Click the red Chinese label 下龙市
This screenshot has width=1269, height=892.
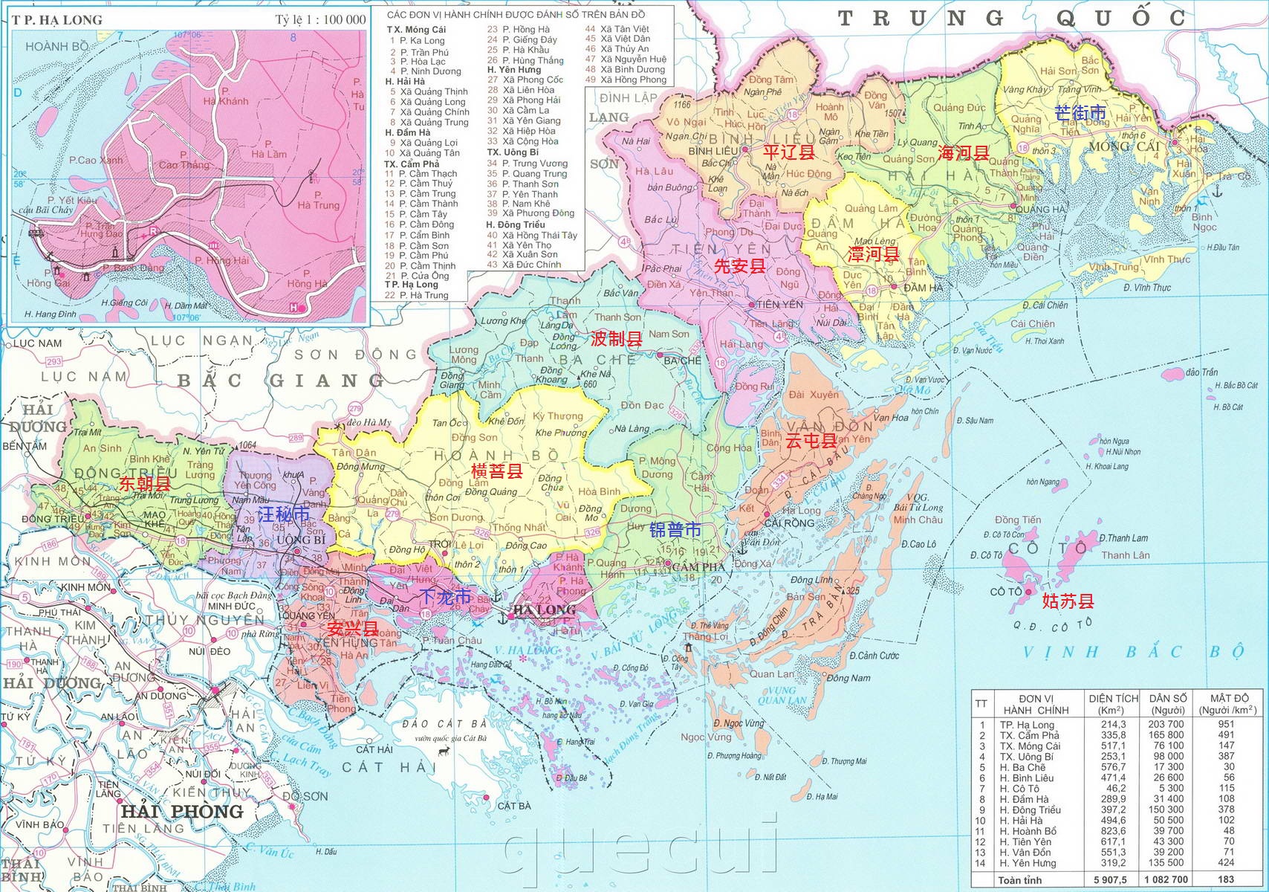point(445,596)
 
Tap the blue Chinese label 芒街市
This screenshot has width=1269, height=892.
point(1080,113)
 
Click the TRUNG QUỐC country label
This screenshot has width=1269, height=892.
point(1011,19)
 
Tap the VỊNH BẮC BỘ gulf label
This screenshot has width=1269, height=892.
point(1133,652)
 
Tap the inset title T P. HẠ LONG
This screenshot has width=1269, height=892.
point(57,19)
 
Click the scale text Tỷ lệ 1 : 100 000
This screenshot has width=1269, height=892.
point(320,19)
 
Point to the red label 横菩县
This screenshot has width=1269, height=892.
point(497,471)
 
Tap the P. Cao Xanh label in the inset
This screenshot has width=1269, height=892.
point(96,160)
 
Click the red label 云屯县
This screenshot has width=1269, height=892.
point(811,440)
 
